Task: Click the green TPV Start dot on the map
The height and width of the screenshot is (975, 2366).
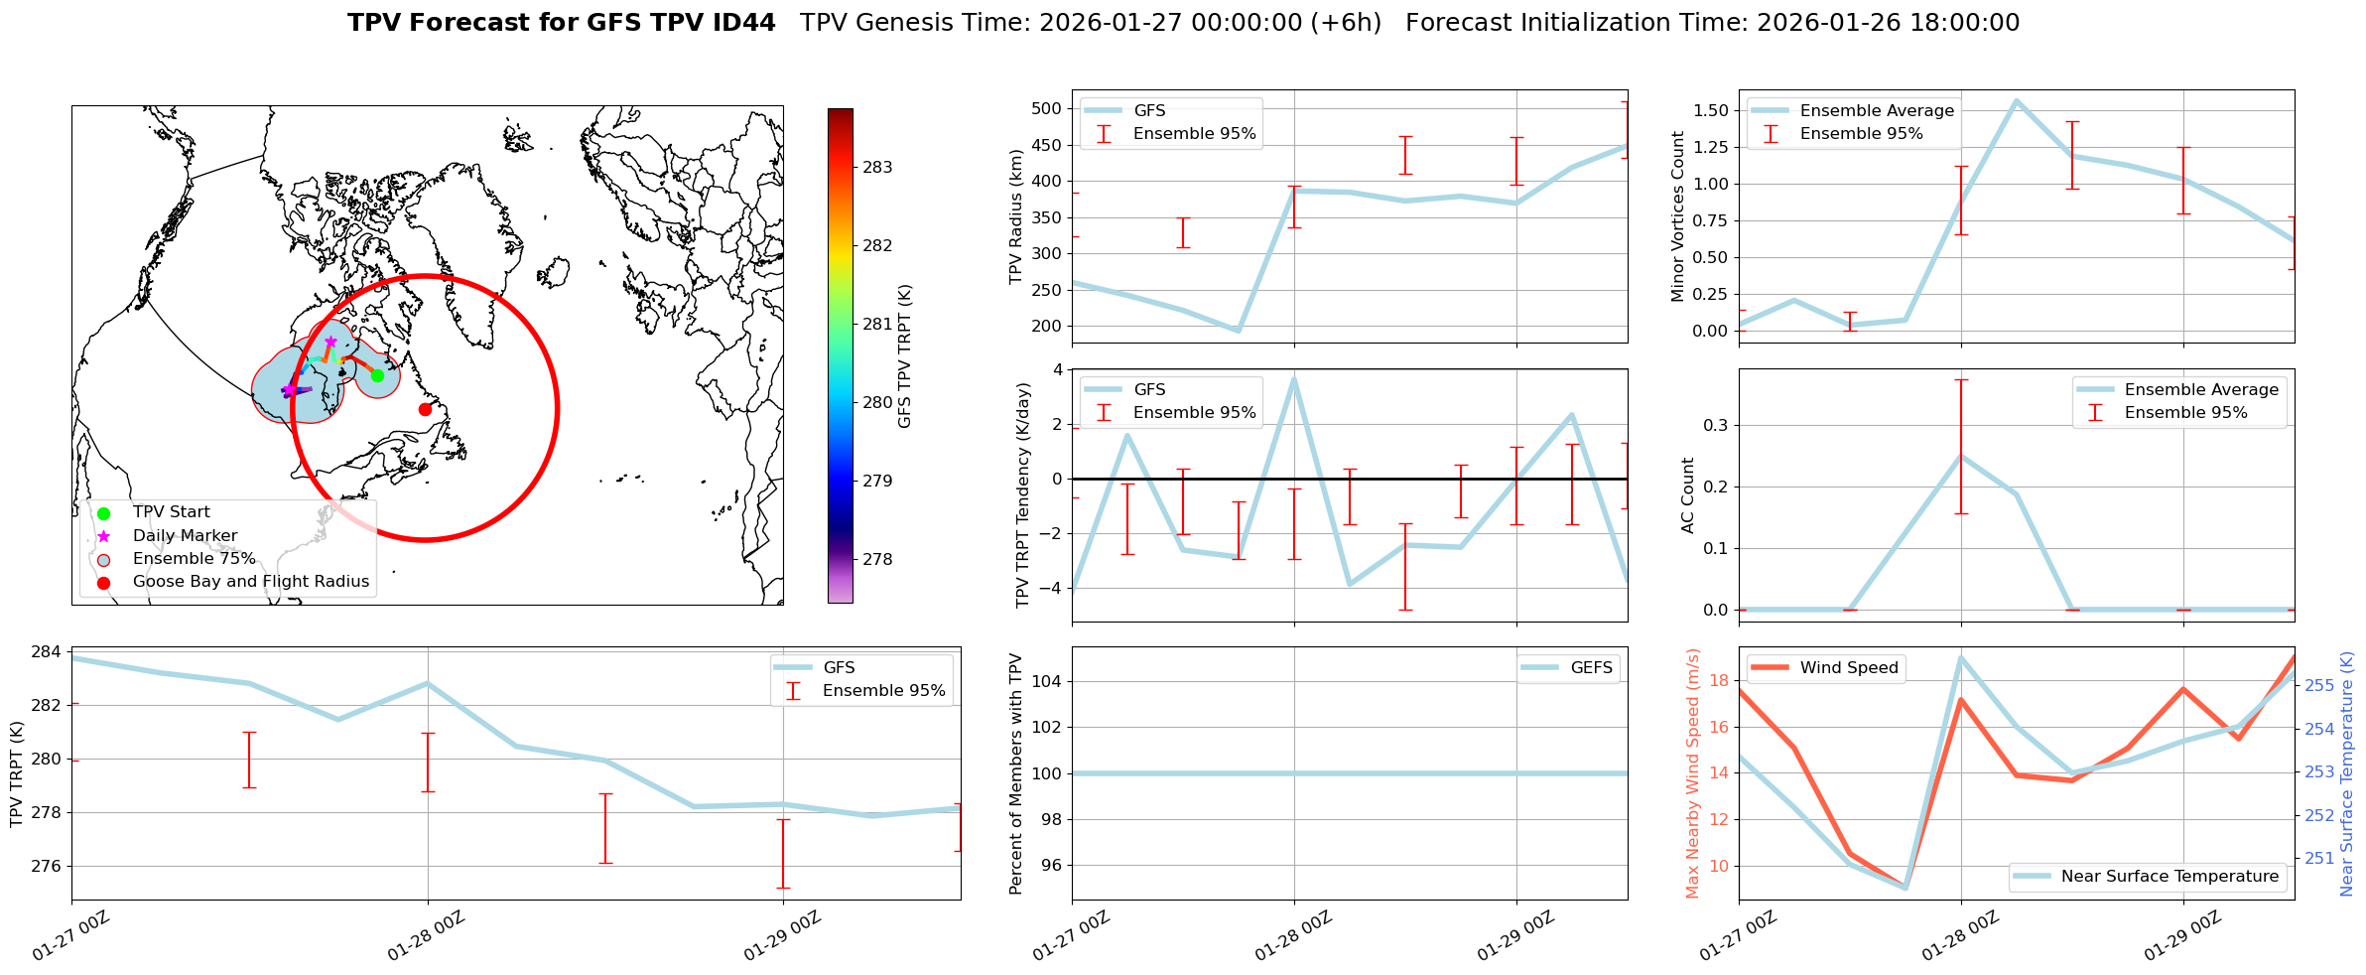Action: point(377,375)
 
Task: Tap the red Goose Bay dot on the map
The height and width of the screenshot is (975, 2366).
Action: point(425,409)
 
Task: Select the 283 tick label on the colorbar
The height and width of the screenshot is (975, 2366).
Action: point(877,168)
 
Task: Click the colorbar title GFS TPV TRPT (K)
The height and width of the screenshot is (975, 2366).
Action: point(904,356)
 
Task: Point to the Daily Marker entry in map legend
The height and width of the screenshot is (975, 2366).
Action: point(185,536)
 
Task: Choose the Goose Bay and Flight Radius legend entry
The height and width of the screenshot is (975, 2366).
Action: point(250,582)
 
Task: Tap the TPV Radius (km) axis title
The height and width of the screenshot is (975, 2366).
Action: point(1015,217)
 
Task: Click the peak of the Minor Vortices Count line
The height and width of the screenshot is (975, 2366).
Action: point(2016,100)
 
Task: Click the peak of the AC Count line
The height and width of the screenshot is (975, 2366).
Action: point(1961,456)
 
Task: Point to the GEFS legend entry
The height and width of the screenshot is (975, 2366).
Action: point(1591,668)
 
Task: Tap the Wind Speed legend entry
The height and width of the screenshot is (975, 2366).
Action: point(1848,668)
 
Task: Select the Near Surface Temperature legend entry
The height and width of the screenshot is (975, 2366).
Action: point(2169,877)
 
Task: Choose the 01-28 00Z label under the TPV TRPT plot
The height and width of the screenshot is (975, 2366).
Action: point(426,936)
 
